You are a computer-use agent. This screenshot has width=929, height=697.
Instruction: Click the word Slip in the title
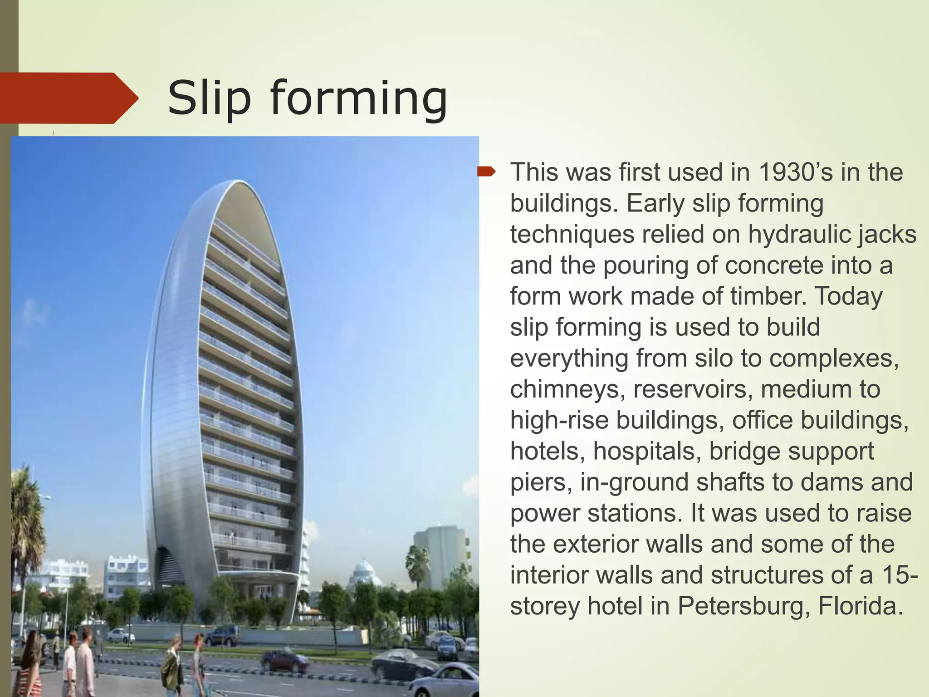coord(209,98)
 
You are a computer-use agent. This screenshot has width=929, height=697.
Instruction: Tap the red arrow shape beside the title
coord(68,98)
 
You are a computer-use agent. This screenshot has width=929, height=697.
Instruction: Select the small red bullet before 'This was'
coord(487,172)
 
